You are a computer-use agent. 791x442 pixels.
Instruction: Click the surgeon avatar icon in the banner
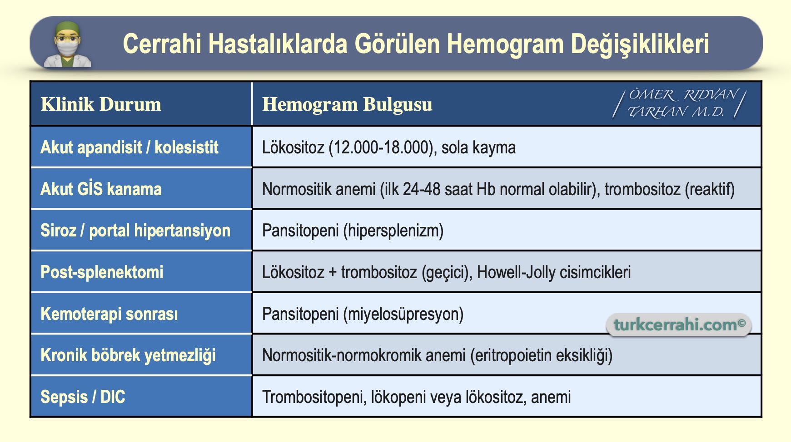click(67, 45)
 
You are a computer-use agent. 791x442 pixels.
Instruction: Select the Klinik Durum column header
click(101, 104)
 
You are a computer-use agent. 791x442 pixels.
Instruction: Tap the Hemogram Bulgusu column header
click(347, 104)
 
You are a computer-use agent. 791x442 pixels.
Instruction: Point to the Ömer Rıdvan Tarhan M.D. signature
click(679, 103)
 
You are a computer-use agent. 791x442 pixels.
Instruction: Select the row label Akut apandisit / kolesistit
click(129, 147)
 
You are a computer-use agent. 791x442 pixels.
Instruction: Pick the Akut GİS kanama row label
click(101, 189)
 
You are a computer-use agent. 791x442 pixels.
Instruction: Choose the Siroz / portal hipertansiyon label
click(135, 231)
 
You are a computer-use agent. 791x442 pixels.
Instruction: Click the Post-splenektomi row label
click(102, 272)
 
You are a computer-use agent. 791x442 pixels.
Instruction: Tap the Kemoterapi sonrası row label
click(109, 314)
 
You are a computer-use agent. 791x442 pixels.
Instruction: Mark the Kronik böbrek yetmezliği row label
click(128, 355)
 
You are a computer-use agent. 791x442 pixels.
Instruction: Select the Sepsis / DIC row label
click(83, 397)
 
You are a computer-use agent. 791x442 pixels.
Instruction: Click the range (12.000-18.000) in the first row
click(381, 147)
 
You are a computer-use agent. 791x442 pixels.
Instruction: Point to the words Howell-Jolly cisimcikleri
click(554, 272)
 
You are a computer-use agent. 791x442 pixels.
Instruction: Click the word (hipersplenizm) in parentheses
click(393, 231)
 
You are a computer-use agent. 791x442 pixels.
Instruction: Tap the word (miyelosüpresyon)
click(403, 314)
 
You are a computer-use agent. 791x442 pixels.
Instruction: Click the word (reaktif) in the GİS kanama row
click(709, 189)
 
